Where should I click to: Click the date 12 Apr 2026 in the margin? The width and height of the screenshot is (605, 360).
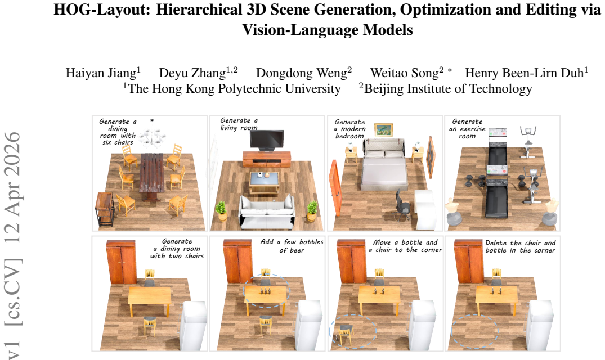point(13,187)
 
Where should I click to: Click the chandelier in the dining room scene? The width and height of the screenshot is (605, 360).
point(153,134)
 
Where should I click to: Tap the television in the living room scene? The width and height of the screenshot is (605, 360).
point(267,140)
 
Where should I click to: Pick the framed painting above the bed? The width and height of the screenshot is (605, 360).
point(383,130)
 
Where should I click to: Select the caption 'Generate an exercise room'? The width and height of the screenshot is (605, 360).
point(467,129)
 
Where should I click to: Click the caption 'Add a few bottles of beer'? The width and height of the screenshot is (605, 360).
point(292,246)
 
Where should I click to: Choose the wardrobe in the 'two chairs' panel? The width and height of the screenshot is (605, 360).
point(121,262)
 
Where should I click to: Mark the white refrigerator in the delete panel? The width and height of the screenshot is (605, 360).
point(542,325)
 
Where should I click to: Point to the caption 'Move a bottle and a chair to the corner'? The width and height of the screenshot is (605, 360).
point(405,246)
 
